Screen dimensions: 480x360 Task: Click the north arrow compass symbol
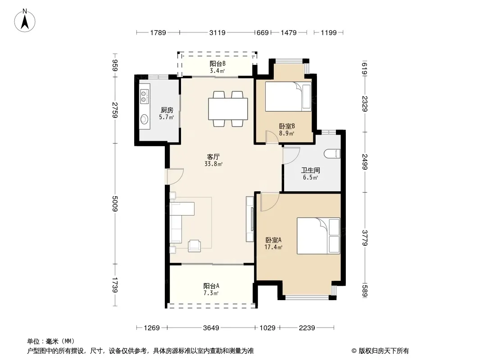click(x=25, y=21)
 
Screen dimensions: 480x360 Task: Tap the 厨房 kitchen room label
click(x=167, y=110)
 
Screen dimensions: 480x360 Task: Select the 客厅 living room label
click(x=213, y=157)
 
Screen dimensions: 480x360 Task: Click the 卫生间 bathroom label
click(x=310, y=171)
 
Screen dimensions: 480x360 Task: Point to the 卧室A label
click(x=273, y=240)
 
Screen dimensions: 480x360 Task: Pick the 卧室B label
click(x=287, y=126)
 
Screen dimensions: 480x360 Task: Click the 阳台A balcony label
click(x=211, y=286)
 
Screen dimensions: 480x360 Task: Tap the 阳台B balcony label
click(x=217, y=63)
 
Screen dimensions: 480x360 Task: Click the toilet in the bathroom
click(x=332, y=153)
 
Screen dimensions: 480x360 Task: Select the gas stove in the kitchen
click(x=145, y=96)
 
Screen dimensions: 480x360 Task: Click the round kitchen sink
click(x=144, y=119)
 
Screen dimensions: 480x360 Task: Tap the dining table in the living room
click(x=228, y=108)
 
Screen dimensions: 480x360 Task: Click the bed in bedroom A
click(x=318, y=236)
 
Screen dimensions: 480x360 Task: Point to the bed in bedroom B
click(x=288, y=96)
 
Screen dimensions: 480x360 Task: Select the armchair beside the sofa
click(x=195, y=245)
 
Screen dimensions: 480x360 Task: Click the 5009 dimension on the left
click(x=115, y=203)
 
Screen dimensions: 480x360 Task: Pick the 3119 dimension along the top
click(x=217, y=32)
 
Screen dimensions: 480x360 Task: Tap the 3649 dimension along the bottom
click(x=211, y=328)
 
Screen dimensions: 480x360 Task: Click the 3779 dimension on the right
click(x=365, y=238)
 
